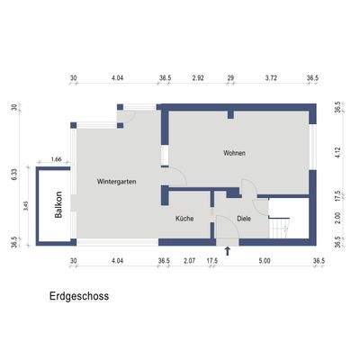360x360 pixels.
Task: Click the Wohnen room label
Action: click(234, 154)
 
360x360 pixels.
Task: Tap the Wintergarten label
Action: click(117, 182)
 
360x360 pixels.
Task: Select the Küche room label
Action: click(184, 218)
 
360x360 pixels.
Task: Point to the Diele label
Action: click(244, 218)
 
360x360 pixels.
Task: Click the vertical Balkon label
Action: click(58, 206)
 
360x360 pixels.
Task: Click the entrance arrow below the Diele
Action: click(228, 251)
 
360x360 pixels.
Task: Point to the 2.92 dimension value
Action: click(198, 79)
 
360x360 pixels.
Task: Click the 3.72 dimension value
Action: click(271, 79)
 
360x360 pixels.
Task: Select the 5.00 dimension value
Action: click(264, 261)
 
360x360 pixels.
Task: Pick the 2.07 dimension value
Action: click(189, 261)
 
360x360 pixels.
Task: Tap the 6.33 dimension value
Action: click(14, 174)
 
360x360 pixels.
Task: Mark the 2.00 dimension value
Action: click(337, 217)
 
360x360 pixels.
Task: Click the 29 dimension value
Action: click(231, 79)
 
